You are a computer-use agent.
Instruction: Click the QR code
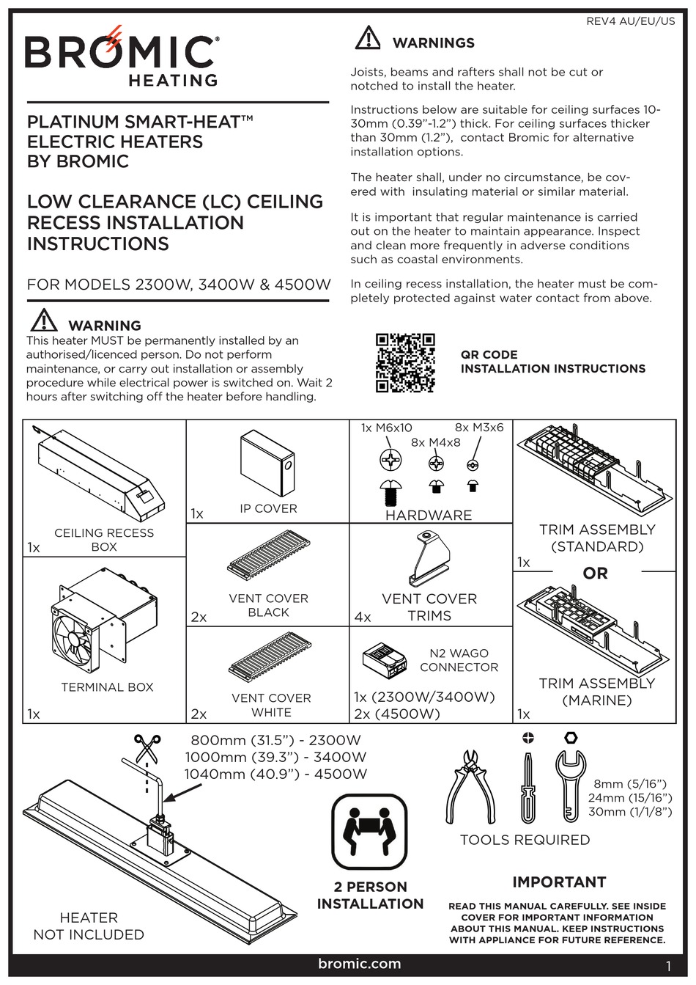click(x=405, y=362)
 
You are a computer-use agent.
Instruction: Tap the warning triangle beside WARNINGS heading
click(x=368, y=38)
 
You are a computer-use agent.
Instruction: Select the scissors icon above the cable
click(x=147, y=750)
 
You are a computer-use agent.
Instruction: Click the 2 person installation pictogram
click(x=369, y=832)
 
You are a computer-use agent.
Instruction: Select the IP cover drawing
click(x=267, y=463)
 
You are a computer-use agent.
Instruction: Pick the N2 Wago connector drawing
click(x=385, y=659)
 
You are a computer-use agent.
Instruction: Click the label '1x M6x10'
click(x=386, y=428)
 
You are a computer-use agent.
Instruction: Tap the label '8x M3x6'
click(x=479, y=428)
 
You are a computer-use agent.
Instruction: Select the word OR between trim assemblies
click(x=595, y=573)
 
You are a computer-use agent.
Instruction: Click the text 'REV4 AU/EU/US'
click(x=630, y=21)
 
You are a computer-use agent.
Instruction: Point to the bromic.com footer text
click(x=360, y=964)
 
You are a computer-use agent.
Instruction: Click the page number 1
click(x=668, y=965)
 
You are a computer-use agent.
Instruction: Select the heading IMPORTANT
click(x=558, y=882)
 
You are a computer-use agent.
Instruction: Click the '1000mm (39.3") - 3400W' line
click(x=275, y=757)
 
